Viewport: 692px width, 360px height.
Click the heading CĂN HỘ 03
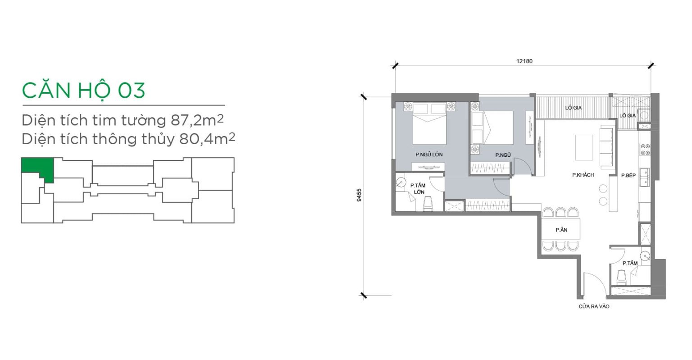(83, 91)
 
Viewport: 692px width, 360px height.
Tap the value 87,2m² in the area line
(197, 120)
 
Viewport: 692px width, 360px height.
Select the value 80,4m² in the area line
(207, 139)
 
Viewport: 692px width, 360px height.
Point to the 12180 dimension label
(524, 61)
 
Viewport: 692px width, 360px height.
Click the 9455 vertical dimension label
(359, 195)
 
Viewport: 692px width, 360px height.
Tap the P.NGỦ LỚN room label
(429, 155)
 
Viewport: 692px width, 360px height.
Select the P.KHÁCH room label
(583, 175)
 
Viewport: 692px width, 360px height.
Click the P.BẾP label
(628, 175)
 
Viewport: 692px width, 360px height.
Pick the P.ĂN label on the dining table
(561, 230)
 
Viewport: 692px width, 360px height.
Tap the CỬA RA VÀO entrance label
(594, 306)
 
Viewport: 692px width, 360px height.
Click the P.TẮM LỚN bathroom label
(418, 188)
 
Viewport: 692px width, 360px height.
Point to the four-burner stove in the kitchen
(645, 150)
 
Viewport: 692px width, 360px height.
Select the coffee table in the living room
(584, 147)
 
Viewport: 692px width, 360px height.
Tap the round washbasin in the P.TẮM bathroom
(645, 256)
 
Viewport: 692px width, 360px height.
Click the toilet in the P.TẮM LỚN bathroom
(428, 204)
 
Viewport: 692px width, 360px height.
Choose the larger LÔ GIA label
(574, 108)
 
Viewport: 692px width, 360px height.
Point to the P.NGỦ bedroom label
(503, 155)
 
